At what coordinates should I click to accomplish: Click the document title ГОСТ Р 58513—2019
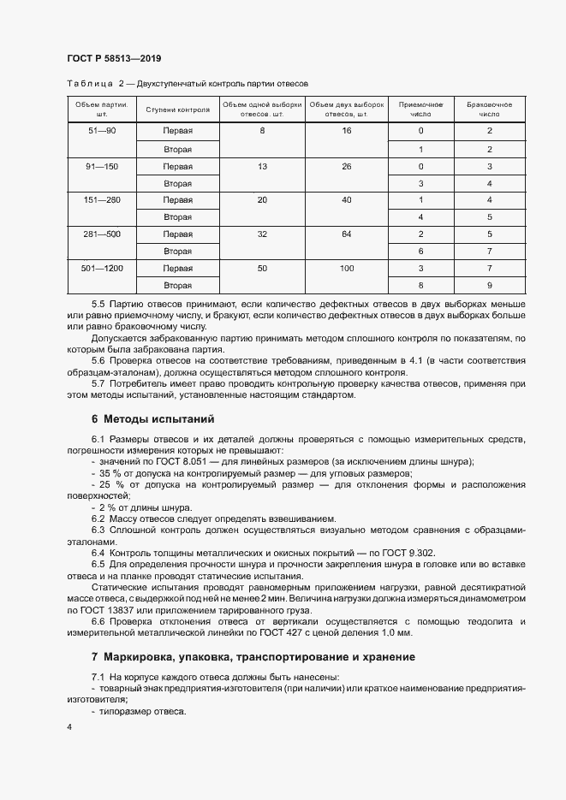coord(114,58)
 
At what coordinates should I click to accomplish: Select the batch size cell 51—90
coord(101,130)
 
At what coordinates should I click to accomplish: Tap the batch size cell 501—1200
coord(101,268)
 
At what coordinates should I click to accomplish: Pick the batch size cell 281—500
coord(101,234)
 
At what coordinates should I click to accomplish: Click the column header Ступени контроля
coord(177,109)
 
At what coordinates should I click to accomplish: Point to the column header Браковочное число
coord(489,109)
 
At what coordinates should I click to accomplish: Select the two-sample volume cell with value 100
coord(346,268)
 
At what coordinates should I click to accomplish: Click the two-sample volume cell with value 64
coord(346,234)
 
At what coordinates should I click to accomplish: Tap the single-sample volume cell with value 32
coord(262,234)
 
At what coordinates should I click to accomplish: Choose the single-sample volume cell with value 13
coord(262,165)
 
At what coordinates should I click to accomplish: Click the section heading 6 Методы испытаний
coord(146,419)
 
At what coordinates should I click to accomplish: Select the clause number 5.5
coord(98,305)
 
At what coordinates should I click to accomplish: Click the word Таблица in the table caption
coord(89,83)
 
